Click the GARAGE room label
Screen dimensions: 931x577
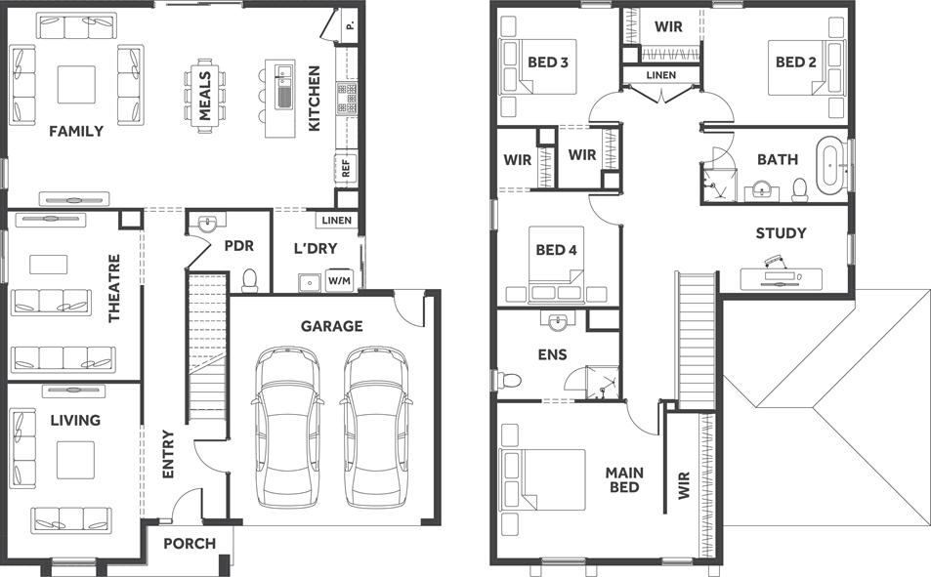pos(331,326)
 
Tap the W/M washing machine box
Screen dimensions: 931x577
pos(339,281)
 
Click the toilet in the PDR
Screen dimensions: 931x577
pos(250,280)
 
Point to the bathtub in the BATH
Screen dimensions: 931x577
pos(830,166)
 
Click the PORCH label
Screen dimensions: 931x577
pos(190,543)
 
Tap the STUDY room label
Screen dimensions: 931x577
pos(781,233)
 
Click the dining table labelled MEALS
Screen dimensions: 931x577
pos(205,96)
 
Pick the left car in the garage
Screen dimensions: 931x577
pos(287,428)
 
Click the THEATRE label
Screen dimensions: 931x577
pos(114,289)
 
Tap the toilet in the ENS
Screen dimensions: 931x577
pos(508,378)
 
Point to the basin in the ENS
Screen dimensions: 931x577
pos(558,322)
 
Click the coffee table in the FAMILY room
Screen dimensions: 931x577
pos(76,84)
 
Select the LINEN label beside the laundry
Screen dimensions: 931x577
pos(337,221)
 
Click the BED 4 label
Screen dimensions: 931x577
pos(556,250)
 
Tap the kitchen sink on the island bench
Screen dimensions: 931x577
pos(284,86)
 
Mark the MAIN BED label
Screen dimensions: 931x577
pos(624,480)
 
